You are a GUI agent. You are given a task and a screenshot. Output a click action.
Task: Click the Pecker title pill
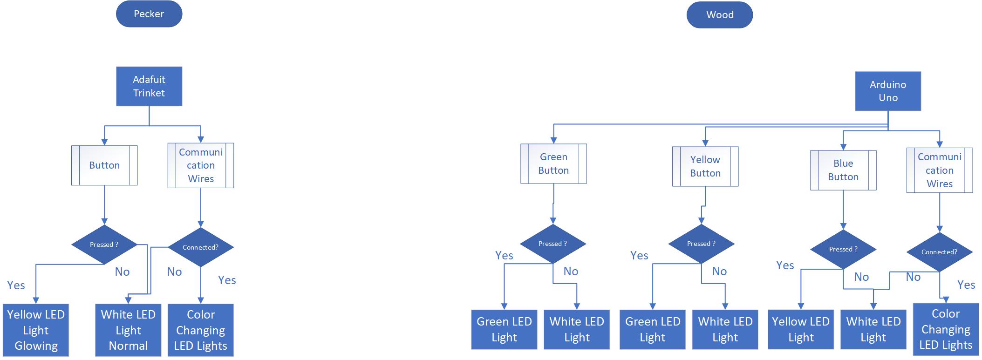pos(149,14)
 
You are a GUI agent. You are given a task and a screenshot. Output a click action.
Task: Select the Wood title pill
pos(719,15)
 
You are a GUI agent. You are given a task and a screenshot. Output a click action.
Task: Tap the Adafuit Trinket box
pos(149,86)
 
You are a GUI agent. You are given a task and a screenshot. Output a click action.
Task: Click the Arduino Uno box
pos(887,91)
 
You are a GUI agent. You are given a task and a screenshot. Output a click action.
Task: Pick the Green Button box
pos(553,163)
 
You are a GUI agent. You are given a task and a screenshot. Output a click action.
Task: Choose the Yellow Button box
pos(705,166)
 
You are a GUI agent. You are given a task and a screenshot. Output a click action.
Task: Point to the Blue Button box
pos(843,170)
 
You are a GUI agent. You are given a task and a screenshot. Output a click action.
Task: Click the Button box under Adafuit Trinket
pos(104,165)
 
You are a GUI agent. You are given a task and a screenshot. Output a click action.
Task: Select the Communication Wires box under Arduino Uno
pos(939,170)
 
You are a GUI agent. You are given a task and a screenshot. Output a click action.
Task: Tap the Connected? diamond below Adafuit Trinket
pos(200,247)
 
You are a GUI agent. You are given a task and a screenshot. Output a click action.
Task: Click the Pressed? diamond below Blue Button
pos(843,249)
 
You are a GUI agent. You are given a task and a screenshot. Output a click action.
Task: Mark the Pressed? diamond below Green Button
pos(552,244)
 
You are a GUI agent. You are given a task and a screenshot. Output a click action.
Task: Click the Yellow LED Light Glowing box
pos(36,330)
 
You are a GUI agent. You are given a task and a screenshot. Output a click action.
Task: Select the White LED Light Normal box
pos(128,330)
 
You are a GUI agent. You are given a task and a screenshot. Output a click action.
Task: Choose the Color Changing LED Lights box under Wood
pos(945,329)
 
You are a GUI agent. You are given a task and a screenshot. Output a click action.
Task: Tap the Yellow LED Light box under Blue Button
pos(800,329)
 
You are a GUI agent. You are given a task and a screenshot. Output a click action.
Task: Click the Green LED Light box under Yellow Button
pos(652,329)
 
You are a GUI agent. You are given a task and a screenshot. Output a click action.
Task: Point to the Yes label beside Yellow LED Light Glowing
pos(16,285)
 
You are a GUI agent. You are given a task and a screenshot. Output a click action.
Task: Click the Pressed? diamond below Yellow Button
pos(701,244)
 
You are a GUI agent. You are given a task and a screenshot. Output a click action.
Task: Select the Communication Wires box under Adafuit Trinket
pos(200,165)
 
